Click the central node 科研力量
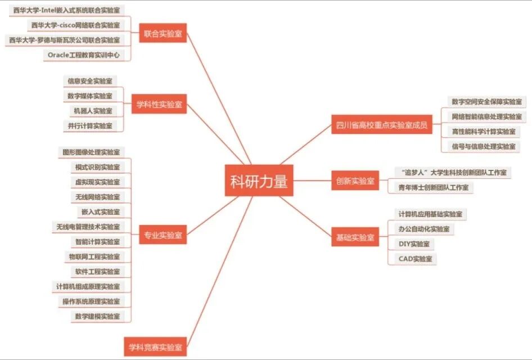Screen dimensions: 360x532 point(259,181)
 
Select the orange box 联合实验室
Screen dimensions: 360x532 point(163,34)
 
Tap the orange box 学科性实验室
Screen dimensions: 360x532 point(158,104)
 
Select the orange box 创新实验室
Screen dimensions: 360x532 point(355,181)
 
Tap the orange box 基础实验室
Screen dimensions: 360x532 point(355,237)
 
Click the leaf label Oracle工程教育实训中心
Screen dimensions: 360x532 point(88,55)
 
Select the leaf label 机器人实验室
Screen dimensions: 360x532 point(93,111)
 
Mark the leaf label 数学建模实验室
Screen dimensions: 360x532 point(97,316)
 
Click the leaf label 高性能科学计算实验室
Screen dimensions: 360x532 point(483,131)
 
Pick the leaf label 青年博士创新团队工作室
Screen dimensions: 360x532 point(432,187)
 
